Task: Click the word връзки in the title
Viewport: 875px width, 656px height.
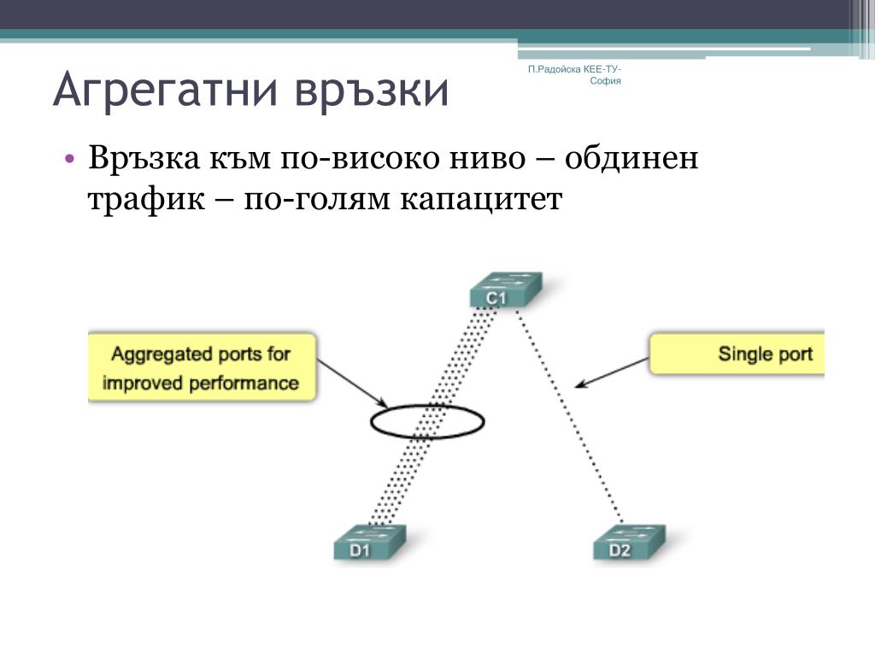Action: (373, 91)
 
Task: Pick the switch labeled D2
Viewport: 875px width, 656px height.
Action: (627, 542)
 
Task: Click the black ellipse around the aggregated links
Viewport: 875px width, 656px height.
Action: (427, 420)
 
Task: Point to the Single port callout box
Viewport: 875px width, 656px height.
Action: (738, 354)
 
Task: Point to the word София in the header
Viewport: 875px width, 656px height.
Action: (605, 81)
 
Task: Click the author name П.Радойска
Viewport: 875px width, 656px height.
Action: (555, 67)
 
